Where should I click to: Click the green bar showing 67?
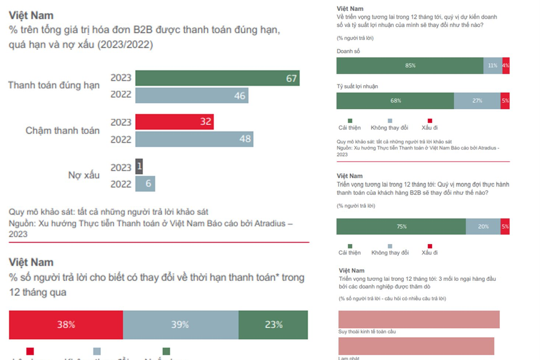[217, 78]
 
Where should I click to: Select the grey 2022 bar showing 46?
[191, 95]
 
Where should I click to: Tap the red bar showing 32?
[174, 122]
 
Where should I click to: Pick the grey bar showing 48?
[194, 139]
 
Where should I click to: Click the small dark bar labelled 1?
[139, 167]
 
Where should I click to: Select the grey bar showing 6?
[145, 184]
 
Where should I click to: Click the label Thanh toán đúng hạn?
[53, 85]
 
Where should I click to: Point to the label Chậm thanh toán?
[62, 130]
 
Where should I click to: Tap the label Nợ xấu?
[83, 175]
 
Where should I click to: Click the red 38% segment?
[65, 325]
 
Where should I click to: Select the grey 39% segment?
[181, 325]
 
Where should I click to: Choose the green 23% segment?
[273, 325]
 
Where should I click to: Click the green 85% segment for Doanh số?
[410, 65]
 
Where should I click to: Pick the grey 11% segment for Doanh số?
[493, 65]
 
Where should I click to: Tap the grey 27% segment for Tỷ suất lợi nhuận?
[477, 101]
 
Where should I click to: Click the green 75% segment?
[401, 226]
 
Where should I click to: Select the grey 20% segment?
[483, 226]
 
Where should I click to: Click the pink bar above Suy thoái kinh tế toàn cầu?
[418, 319]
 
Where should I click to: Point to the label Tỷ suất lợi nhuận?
[357, 86]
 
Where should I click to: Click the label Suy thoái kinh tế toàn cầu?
[367, 331]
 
